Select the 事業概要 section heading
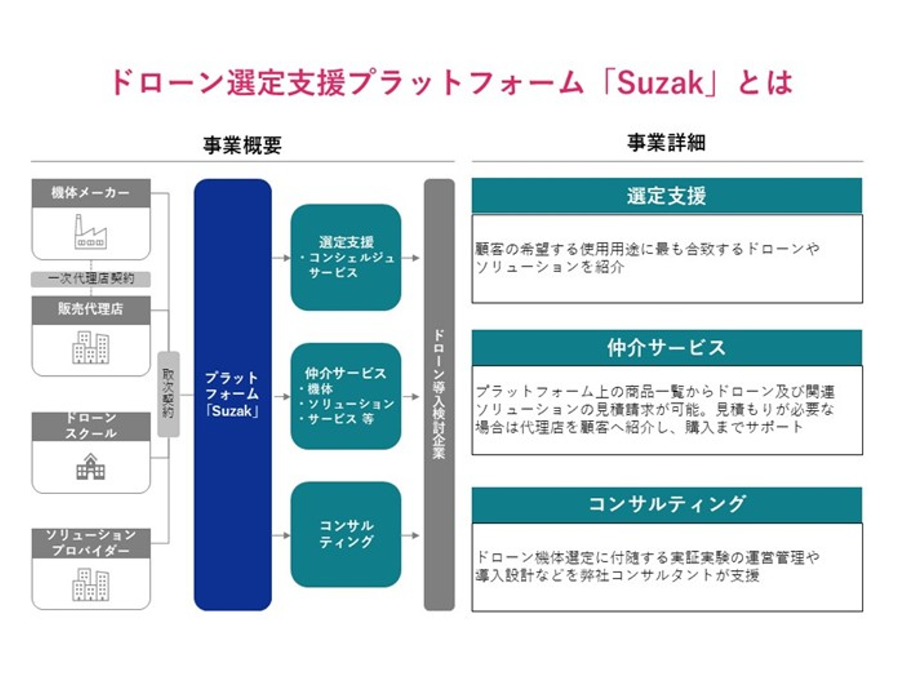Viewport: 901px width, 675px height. point(242,145)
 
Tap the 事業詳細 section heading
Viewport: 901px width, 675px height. point(666,143)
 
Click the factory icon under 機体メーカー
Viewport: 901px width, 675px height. point(91,233)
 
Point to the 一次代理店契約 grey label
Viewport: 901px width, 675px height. point(91,278)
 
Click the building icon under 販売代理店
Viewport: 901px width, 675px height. point(91,347)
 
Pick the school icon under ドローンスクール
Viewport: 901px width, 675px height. point(91,467)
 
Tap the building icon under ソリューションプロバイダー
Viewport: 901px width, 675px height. point(91,584)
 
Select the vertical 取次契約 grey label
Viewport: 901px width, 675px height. point(168,393)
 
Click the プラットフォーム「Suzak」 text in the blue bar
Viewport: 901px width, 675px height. point(232,394)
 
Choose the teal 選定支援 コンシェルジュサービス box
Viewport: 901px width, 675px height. point(345,257)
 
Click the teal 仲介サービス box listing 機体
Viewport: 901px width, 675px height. point(345,396)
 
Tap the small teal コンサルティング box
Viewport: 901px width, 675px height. point(345,534)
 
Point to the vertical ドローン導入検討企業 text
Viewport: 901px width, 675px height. point(439,394)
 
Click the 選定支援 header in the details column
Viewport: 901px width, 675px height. point(666,196)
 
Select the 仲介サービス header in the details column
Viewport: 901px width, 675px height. point(666,347)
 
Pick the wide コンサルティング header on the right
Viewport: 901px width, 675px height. point(666,504)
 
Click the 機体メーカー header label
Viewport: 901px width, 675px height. point(91,193)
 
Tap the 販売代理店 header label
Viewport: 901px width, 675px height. point(91,309)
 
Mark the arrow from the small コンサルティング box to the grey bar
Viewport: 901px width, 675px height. point(411,535)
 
